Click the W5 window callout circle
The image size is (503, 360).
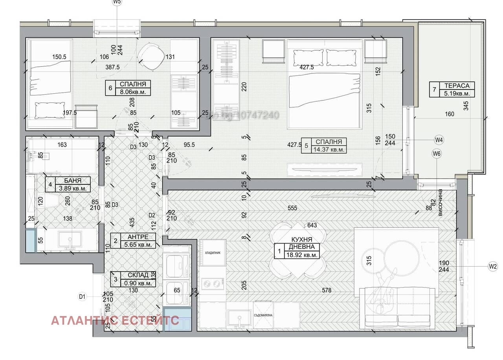coord(117,2)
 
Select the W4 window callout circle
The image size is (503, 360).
coord(439,139)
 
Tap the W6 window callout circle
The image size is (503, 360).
coord(437,154)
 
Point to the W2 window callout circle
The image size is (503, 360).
coord(493,267)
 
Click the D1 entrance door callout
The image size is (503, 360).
coord(82,297)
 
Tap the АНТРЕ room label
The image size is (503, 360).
coord(138,237)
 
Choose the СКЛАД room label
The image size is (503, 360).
coord(138,275)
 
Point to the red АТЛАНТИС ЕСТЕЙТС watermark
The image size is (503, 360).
coord(115,320)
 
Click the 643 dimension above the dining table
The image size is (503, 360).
coord(312,225)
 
